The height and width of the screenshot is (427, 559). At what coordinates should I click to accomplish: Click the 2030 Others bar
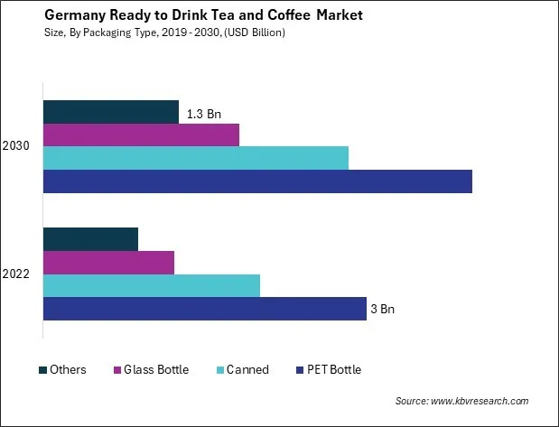tap(110, 112)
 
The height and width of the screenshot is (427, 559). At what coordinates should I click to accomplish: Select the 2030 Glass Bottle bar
tap(141, 135)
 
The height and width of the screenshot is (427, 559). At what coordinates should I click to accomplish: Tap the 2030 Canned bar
tap(195, 158)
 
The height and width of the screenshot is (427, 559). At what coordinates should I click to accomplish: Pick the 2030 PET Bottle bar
tap(257, 181)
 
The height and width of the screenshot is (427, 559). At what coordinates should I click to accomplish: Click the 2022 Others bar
tap(90, 239)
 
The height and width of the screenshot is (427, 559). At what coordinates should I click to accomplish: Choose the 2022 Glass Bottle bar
tap(108, 263)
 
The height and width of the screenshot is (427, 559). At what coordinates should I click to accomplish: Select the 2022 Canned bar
tap(151, 285)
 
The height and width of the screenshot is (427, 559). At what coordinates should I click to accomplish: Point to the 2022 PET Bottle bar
tap(204, 309)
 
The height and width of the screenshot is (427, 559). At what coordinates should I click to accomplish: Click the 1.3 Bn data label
tap(203, 114)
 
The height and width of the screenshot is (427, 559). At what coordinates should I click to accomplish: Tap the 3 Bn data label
tap(383, 310)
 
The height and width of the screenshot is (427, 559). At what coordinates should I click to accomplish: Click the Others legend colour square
tap(42, 370)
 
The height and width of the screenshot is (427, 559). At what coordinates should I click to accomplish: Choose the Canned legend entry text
tap(247, 370)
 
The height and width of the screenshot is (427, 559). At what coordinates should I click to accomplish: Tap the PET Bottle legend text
tap(334, 370)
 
